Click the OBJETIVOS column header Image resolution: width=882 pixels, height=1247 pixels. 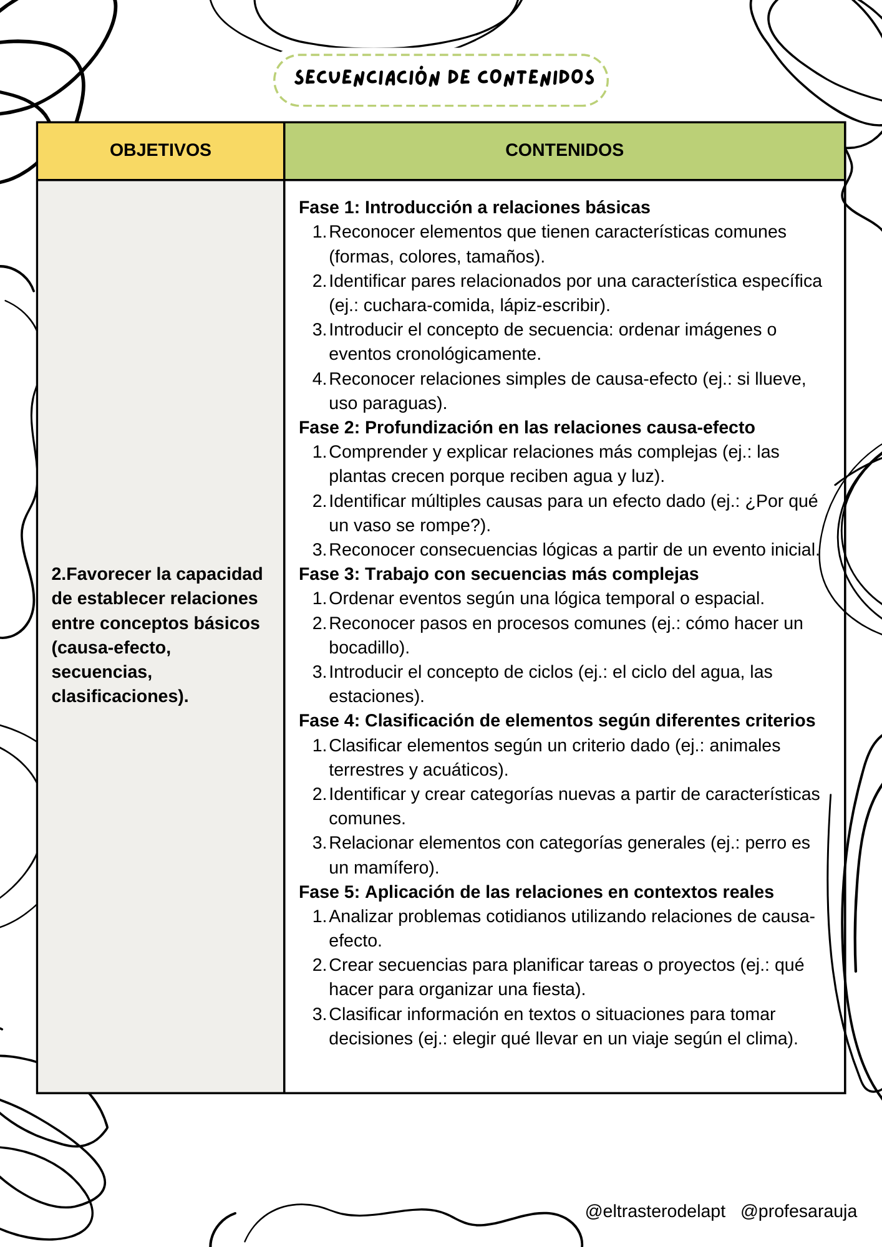click(x=160, y=150)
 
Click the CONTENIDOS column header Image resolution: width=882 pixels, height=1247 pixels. click(x=564, y=150)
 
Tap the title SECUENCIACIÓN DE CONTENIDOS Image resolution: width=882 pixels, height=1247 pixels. click(x=444, y=78)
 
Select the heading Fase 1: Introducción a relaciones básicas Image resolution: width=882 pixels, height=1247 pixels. click(x=474, y=207)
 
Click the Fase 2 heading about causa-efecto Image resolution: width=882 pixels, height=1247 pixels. click(x=526, y=427)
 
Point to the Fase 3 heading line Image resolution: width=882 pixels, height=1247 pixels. click(x=498, y=574)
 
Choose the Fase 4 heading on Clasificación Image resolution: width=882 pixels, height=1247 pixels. click(x=556, y=720)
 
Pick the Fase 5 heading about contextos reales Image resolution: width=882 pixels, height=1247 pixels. click(x=536, y=892)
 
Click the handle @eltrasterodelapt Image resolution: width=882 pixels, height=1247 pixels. click(x=655, y=1211)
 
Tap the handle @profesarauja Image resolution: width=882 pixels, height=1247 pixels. click(x=798, y=1211)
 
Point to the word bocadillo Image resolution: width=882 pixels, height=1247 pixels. click(x=366, y=647)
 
